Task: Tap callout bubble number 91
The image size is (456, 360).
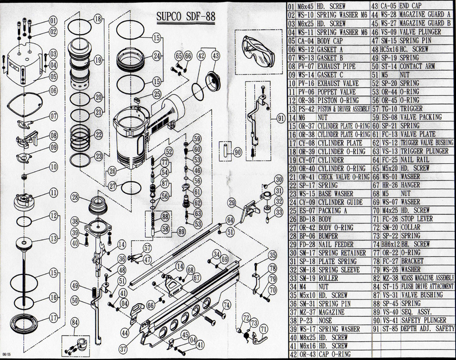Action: click(x=281, y=118)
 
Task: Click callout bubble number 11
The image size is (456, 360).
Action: click(x=53, y=193)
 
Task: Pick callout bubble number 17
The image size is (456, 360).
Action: click(x=53, y=317)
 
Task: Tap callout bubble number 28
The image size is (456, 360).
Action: click(x=75, y=197)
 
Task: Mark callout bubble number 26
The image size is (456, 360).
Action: click(x=113, y=171)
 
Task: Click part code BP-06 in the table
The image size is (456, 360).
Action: click(x=307, y=236)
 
